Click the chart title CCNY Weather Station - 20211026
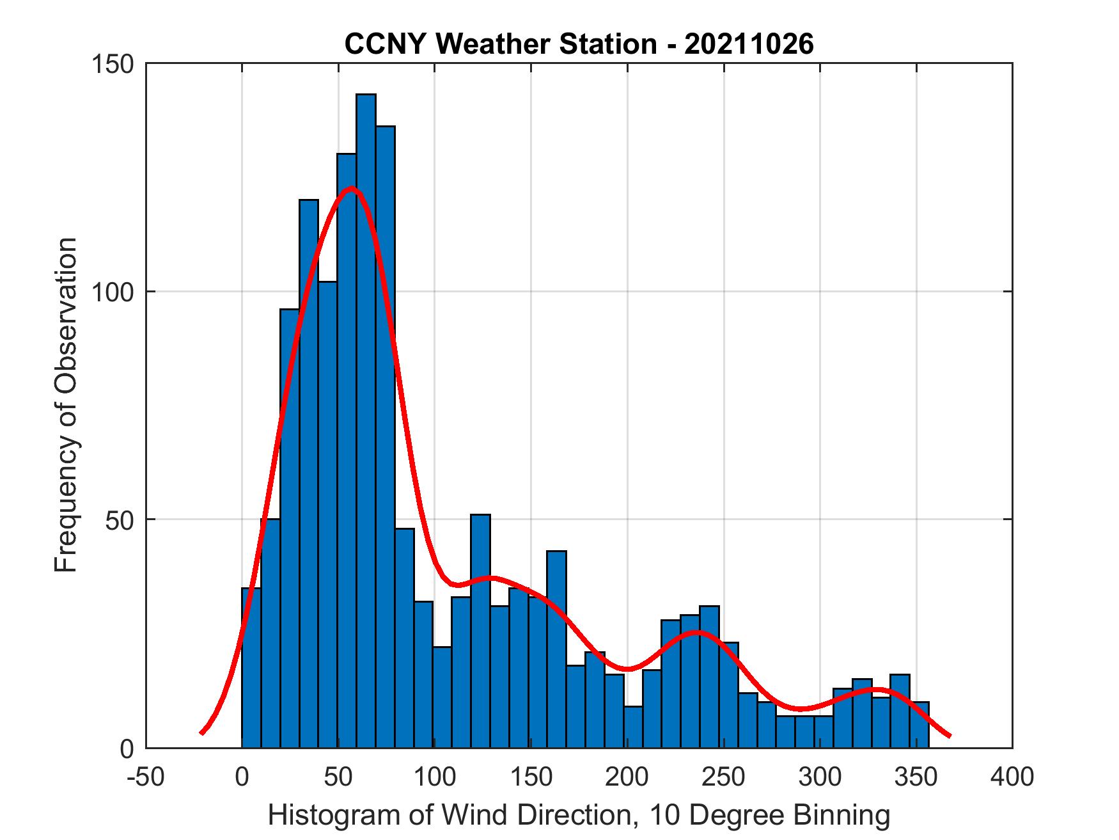pyautogui.click(x=579, y=44)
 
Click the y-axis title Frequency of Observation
pyautogui.click(x=66, y=405)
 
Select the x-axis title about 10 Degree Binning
pyautogui.click(x=579, y=816)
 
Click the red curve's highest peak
pyautogui.click(x=351, y=188)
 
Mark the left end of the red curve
pyautogui.click(x=201, y=733)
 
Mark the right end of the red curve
pyautogui.click(x=950, y=736)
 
